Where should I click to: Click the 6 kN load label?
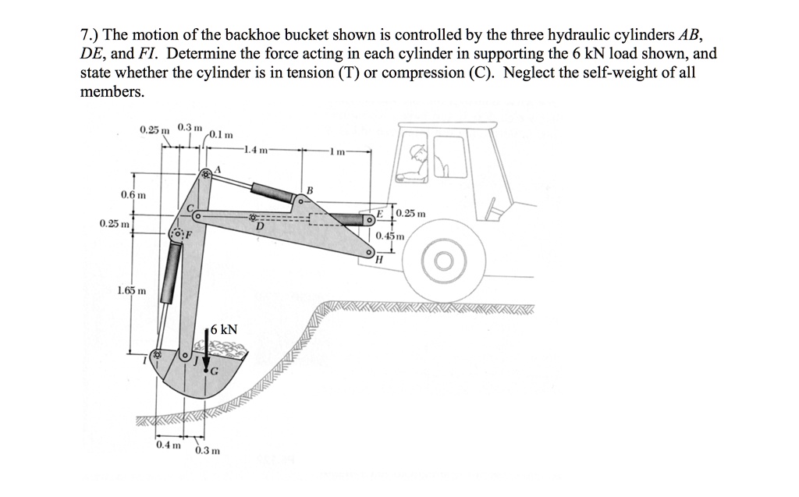click(x=223, y=329)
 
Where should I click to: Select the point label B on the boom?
click(x=309, y=190)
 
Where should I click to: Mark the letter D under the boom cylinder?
click(x=258, y=226)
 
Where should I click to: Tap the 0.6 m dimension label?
click(x=132, y=193)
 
